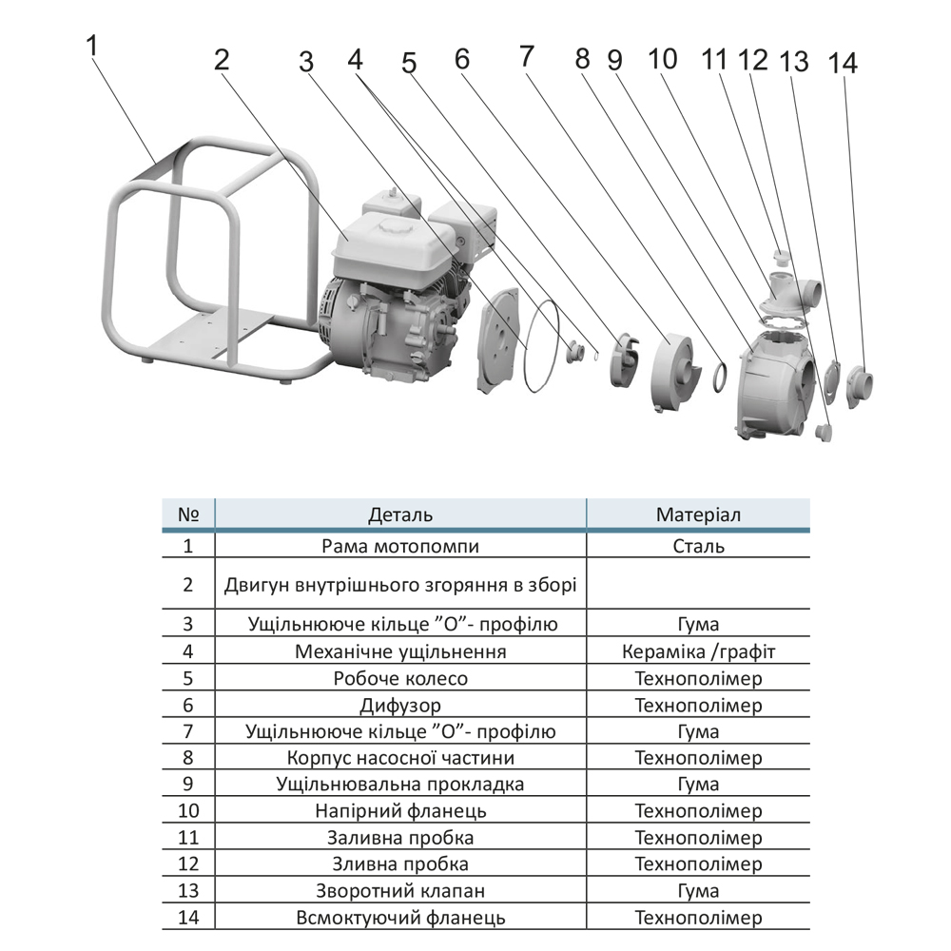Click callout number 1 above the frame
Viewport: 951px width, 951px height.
[x=92, y=46]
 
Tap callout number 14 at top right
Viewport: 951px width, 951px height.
[x=843, y=64]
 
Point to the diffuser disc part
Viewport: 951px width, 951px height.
[x=675, y=371]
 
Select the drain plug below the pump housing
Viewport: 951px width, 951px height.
[x=825, y=433]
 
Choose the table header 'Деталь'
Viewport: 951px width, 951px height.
[x=400, y=514]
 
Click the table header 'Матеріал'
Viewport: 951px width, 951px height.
[x=699, y=514]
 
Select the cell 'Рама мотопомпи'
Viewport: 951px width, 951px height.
[x=400, y=546]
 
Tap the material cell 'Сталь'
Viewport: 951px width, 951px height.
[x=699, y=546]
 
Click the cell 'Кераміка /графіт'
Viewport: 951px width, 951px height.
[x=699, y=652]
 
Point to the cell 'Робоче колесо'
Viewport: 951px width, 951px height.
[x=400, y=679]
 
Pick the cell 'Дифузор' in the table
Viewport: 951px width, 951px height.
[x=400, y=706]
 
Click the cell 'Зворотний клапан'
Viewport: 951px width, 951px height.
[x=400, y=891]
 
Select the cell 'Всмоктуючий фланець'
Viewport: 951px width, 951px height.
[x=400, y=918]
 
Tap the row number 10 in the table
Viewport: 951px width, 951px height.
[x=187, y=811]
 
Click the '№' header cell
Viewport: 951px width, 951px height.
[x=187, y=514]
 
